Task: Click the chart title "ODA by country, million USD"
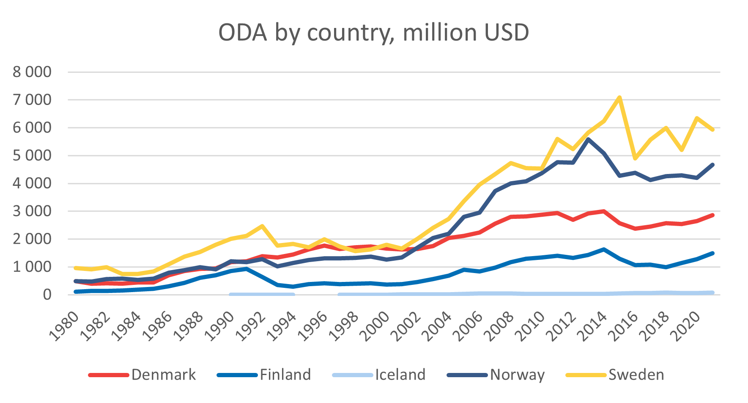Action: [x=373, y=33]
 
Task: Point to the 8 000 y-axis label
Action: [x=32, y=72]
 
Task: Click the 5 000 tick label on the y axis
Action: [x=32, y=155]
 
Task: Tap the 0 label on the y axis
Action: [x=47, y=295]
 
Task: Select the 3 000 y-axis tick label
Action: [x=32, y=211]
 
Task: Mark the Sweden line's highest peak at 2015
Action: [x=619, y=98]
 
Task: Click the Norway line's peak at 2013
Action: [x=588, y=139]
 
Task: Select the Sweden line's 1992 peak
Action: [x=262, y=226]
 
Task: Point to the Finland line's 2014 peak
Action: [x=604, y=249]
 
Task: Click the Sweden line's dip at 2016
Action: [x=635, y=158]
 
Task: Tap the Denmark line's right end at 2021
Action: [x=713, y=215]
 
